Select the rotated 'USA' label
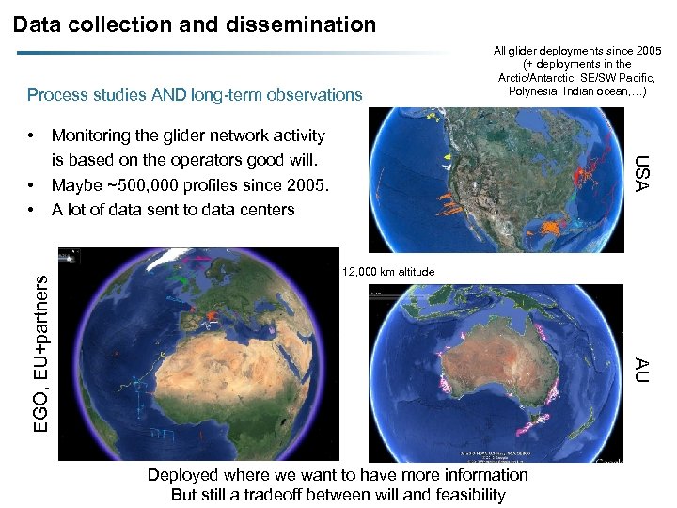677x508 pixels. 639,173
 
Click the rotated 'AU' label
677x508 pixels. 639,369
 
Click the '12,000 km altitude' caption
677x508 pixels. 388,272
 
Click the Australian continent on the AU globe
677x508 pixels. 502,362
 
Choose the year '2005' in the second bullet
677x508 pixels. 306,185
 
